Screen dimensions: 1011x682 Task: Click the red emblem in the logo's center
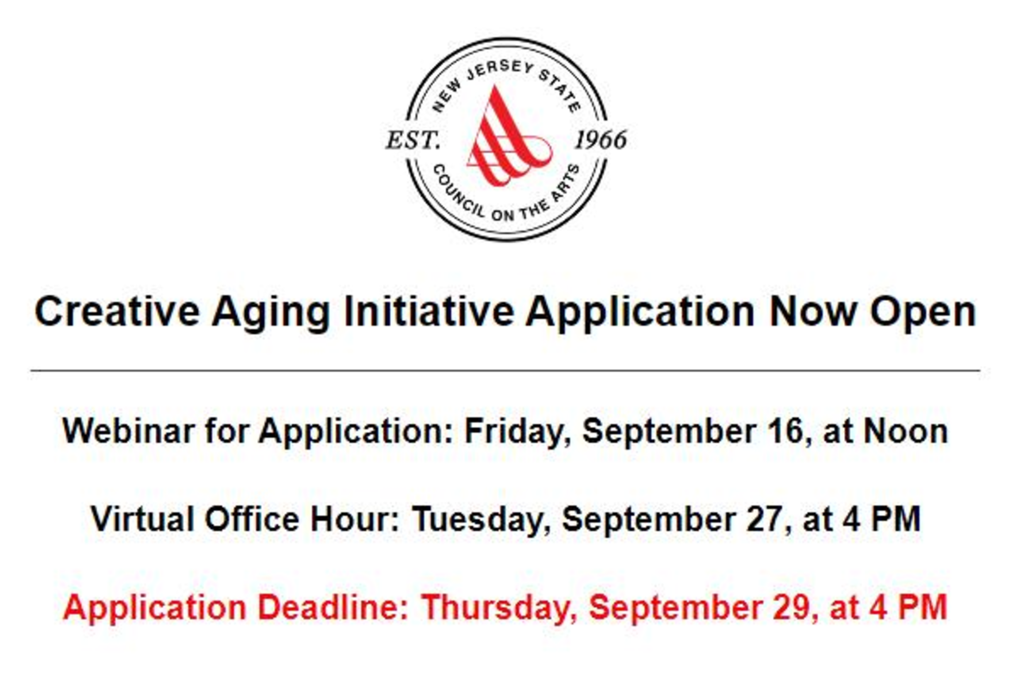[509, 137]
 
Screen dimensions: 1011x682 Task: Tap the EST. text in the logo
[413, 140]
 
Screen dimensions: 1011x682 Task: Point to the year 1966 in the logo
[601, 140]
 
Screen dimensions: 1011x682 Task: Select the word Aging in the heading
[271, 314]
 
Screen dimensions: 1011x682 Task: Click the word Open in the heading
[923, 314]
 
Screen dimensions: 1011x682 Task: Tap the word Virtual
[142, 519]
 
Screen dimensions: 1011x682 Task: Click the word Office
[252, 518]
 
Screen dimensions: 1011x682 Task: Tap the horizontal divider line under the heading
[505, 370]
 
